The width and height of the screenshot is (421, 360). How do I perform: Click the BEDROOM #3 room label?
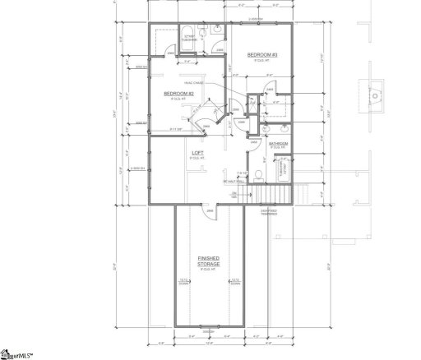pos(261,57)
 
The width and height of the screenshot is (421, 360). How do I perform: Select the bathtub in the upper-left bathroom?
pos(187,35)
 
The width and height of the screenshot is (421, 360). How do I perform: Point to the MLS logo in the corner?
pos(20,353)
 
